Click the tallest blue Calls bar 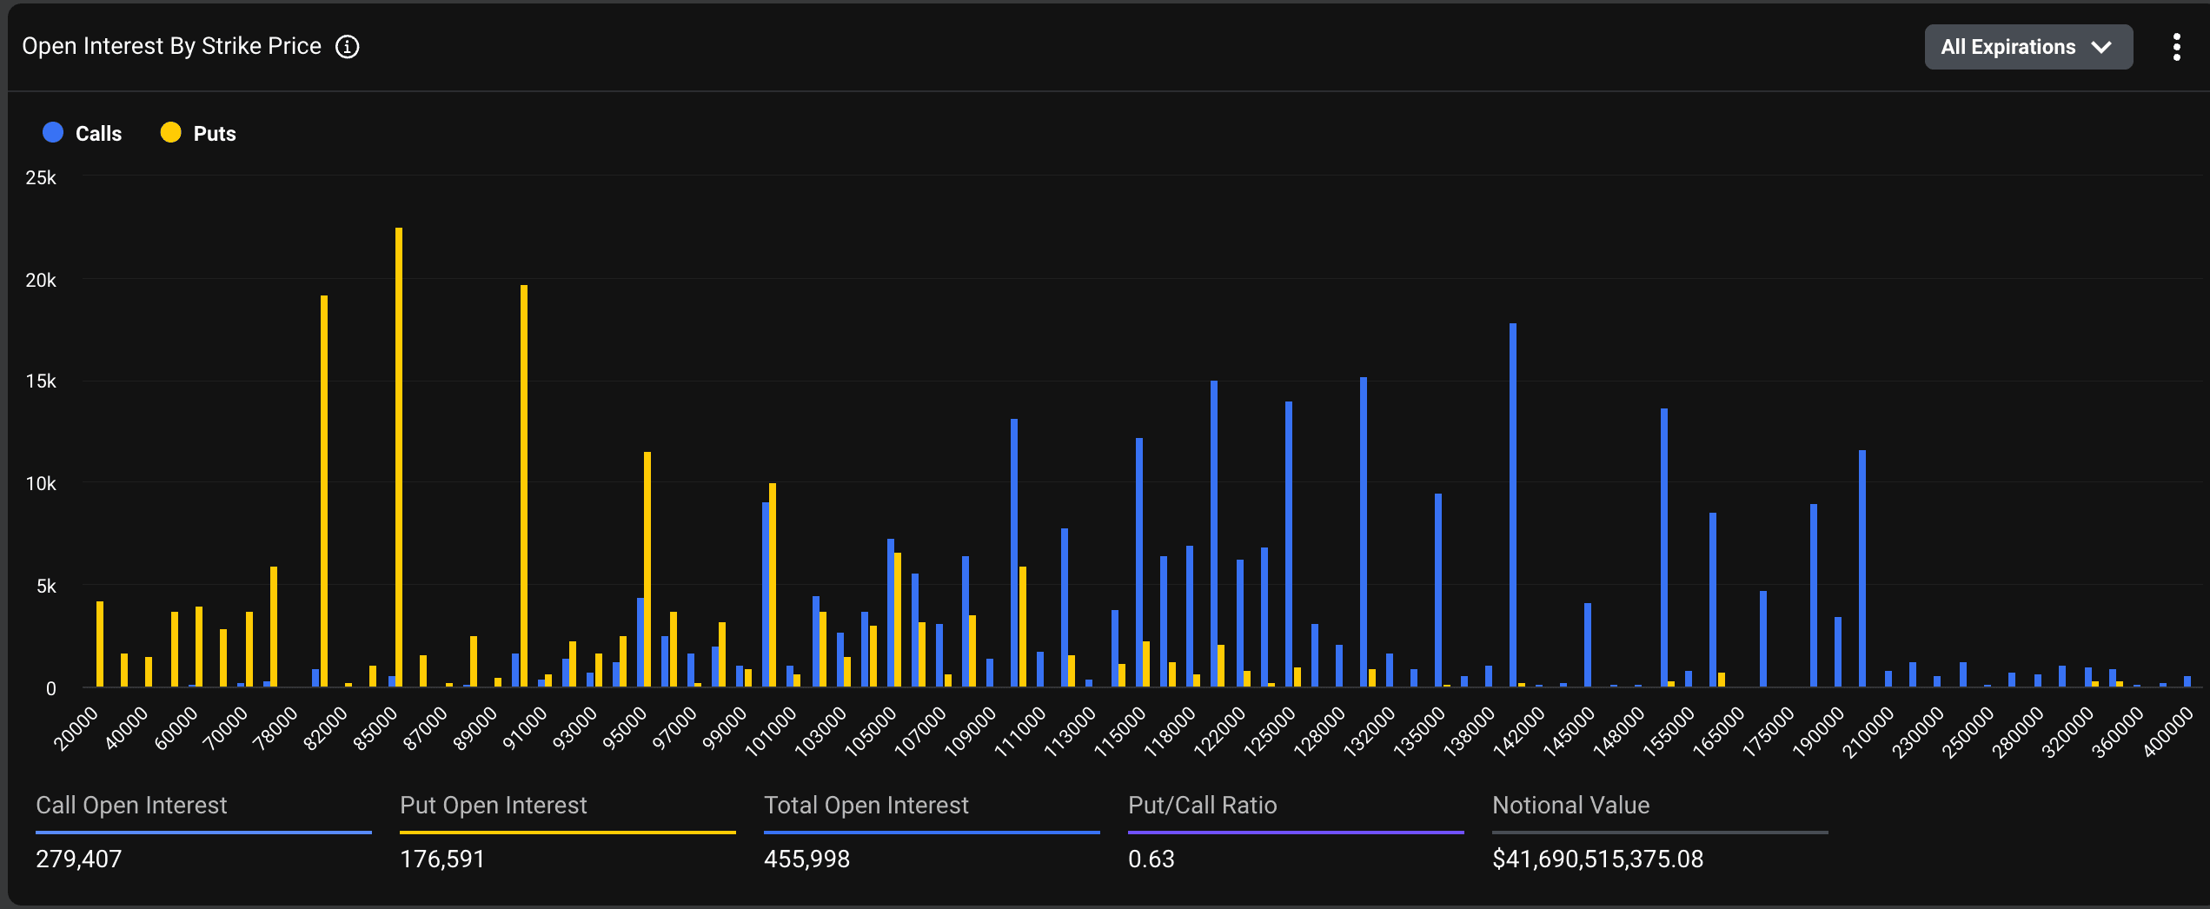click(1513, 504)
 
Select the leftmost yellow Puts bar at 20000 click(100, 643)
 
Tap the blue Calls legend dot click(53, 133)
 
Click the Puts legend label click(214, 134)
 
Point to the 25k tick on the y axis click(41, 178)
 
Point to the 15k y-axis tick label click(41, 382)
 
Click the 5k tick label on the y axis click(45, 587)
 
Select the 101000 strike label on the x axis click(771, 731)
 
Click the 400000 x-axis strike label click(2167, 732)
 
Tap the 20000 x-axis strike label click(76, 728)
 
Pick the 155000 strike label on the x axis click(1669, 731)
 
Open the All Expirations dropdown click(2027, 47)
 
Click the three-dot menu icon click(2176, 47)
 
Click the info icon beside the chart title click(348, 47)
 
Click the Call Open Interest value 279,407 click(78, 859)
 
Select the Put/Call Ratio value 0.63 click(1151, 859)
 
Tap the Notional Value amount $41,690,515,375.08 click(1597, 859)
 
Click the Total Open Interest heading click(866, 806)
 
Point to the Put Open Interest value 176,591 click(441, 859)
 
